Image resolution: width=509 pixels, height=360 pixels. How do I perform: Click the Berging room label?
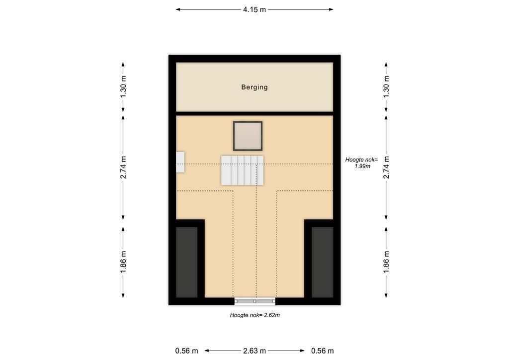[254, 87]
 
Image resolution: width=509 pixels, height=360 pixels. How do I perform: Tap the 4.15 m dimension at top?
[254, 9]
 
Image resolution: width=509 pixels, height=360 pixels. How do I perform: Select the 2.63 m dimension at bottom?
[254, 351]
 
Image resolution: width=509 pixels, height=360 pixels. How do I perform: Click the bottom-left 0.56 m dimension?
[187, 351]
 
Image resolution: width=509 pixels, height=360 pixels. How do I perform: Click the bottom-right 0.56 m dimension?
[322, 351]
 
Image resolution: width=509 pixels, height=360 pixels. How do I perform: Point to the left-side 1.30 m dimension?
[123, 87]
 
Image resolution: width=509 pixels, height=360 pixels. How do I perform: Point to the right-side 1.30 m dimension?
[386, 87]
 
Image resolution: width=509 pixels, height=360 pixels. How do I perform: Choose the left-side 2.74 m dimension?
[123, 167]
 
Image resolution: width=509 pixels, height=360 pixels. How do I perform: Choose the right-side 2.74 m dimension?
[386, 167]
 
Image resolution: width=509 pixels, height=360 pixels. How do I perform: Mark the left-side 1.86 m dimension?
[123, 262]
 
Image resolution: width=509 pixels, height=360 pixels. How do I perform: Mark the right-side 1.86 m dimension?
[386, 262]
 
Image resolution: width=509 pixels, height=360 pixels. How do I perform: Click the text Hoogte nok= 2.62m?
[255, 315]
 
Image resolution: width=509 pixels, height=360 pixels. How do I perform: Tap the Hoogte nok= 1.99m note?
[362, 163]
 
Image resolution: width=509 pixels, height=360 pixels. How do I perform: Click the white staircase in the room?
[242, 170]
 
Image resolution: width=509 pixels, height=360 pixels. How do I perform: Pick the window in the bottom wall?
[255, 301]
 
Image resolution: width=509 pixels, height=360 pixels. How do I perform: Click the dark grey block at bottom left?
[187, 262]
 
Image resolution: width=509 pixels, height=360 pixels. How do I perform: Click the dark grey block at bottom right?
[322, 262]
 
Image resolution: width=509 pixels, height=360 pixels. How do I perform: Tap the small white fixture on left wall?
[180, 162]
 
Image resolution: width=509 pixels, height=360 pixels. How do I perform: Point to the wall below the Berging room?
[254, 113]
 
